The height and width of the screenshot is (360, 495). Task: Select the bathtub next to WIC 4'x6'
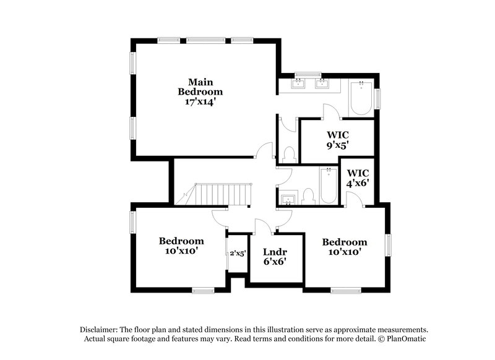[327, 186]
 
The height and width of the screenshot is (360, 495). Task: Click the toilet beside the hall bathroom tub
[309, 197]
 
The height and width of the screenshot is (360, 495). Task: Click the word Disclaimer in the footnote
[99, 330]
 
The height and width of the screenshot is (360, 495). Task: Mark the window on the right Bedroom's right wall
[389, 244]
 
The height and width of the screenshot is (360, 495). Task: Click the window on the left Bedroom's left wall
[132, 223]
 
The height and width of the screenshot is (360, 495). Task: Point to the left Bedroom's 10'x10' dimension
[181, 251]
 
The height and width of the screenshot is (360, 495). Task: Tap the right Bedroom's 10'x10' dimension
[344, 252]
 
